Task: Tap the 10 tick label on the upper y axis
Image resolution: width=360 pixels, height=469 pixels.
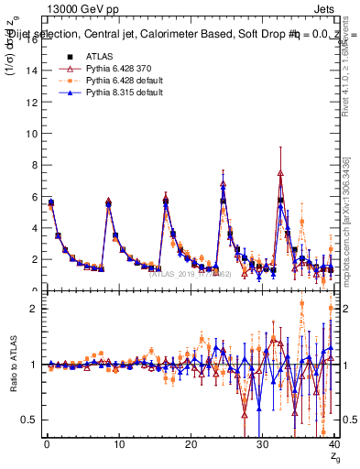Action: (x=30, y=133)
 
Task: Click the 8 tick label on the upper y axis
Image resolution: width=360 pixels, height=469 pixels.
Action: (x=33, y=165)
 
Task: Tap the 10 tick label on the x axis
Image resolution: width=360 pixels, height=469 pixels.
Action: (x=117, y=445)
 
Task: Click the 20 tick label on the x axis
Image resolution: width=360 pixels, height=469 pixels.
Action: (x=190, y=445)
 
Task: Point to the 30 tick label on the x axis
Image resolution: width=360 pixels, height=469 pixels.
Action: (x=262, y=445)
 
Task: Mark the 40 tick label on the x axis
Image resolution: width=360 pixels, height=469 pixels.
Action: (x=333, y=445)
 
